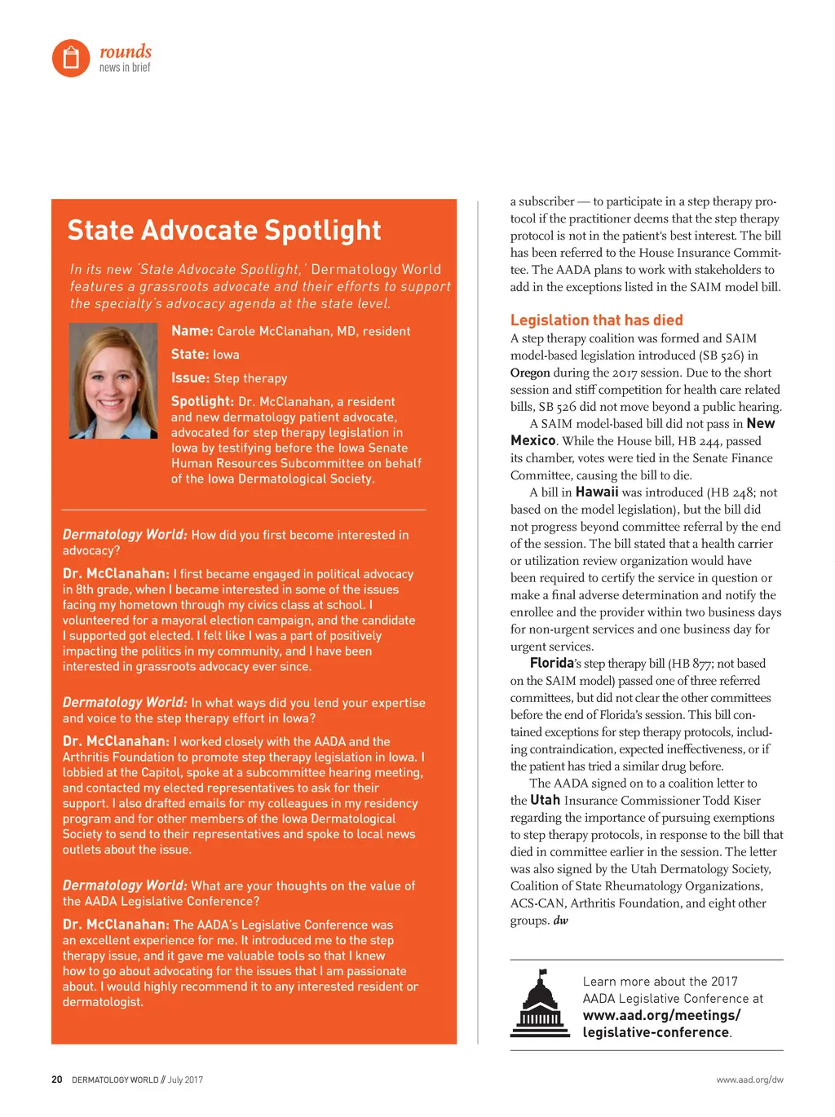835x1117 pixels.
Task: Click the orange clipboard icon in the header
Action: tap(71, 58)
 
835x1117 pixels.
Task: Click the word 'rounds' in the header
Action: tap(126, 51)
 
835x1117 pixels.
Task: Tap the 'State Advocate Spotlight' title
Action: tap(224, 231)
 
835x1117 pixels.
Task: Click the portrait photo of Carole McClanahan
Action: tap(113, 381)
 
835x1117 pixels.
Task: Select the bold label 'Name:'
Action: tap(192, 331)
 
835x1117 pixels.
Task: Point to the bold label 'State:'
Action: tap(190, 355)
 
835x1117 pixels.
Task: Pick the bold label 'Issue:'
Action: tap(190, 378)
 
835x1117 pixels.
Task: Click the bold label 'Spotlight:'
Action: tap(202, 401)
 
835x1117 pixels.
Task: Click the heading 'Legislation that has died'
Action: tap(596, 320)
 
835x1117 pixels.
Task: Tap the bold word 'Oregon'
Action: tap(530, 373)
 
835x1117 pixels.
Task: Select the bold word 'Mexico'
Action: tap(532, 441)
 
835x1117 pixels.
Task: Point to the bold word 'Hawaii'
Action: tap(597, 492)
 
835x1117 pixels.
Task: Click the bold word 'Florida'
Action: tap(552, 664)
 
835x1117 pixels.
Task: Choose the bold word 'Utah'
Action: tap(545, 801)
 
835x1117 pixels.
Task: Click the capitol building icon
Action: tap(540, 1004)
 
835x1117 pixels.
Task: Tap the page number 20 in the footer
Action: tap(57, 1079)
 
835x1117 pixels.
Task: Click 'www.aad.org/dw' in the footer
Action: tap(749, 1079)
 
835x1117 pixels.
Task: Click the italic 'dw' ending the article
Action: tap(561, 921)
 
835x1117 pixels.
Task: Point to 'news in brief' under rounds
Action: tap(125, 68)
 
